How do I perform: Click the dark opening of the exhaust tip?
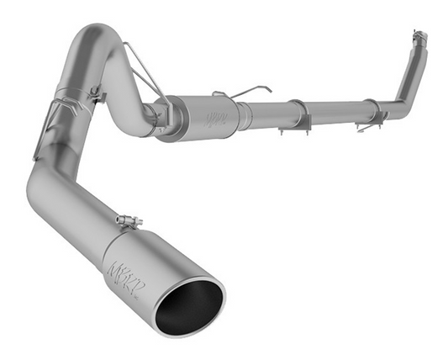point(188,304)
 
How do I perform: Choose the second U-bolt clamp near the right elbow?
point(371,110)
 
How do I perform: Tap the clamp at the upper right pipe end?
point(418,37)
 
